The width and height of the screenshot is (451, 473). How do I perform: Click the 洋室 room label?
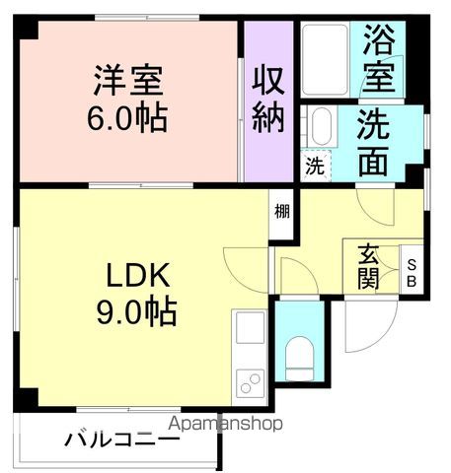[128, 78]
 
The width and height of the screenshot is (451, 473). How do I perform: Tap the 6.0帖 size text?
[128, 118]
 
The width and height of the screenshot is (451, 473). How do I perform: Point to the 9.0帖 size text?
[135, 312]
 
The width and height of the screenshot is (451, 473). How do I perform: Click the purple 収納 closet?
[267, 99]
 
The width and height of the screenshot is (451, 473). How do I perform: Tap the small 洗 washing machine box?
[313, 167]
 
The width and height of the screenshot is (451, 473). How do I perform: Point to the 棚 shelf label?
[283, 209]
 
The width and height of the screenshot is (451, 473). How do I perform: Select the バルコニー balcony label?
[109, 439]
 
